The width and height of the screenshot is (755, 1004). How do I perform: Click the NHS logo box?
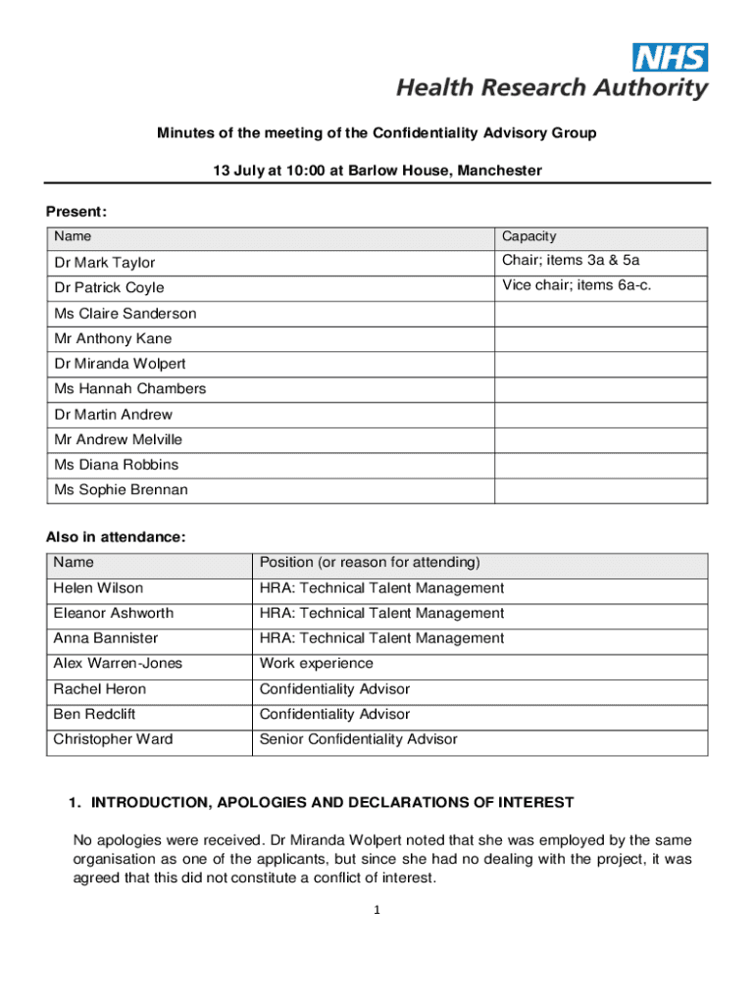(671, 57)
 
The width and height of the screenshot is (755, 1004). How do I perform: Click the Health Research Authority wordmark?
(551, 88)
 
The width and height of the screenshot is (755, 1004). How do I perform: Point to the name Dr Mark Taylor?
(105, 263)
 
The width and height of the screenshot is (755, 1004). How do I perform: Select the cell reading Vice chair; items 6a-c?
(577, 285)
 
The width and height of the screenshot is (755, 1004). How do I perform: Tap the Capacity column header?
(529, 236)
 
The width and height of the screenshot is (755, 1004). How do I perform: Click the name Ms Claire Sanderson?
(126, 314)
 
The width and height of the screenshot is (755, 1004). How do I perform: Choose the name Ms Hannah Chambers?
(130, 388)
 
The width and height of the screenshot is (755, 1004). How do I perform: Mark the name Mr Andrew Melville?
(119, 439)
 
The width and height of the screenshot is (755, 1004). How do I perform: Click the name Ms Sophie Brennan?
(122, 489)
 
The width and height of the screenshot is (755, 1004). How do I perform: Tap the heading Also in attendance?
(116, 537)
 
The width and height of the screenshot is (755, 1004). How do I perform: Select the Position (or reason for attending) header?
(370, 563)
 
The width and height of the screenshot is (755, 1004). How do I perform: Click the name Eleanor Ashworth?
(114, 613)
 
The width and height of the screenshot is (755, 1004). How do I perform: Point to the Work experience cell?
(316, 664)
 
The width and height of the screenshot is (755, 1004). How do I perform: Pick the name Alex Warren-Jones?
(118, 664)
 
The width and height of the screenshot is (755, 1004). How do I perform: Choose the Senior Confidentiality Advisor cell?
(358, 739)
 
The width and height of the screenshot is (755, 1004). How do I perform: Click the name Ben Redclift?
(96, 714)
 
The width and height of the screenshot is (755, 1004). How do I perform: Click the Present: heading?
(76, 212)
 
